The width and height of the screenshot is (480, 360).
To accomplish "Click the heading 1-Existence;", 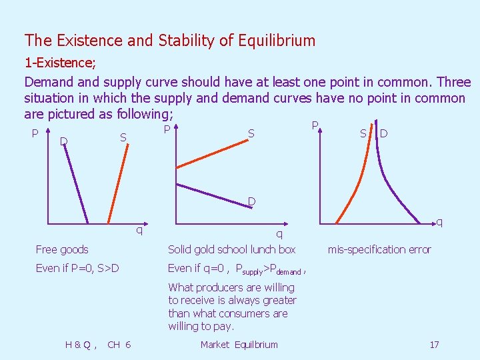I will pyautogui.click(x=60, y=64).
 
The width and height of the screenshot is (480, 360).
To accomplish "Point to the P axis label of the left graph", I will pyautogui.click(x=35, y=133).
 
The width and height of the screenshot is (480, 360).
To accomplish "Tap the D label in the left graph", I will pyautogui.click(x=63, y=140).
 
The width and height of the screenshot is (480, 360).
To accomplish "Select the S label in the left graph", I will pyautogui.click(x=123, y=137).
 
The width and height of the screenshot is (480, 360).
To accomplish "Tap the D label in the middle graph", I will pyautogui.click(x=251, y=201).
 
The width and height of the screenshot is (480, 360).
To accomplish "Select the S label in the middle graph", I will pyautogui.click(x=251, y=134).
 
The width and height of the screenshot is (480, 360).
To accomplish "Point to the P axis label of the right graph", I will pyautogui.click(x=315, y=126).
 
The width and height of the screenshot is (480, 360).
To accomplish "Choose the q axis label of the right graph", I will pyautogui.click(x=439, y=221).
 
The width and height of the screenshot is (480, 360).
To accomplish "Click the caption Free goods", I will pyautogui.click(x=62, y=249).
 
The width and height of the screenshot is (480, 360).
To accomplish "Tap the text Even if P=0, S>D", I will pyautogui.click(x=77, y=269).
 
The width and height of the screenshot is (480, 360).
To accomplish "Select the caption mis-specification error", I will pyautogui.click(x=379, y=249).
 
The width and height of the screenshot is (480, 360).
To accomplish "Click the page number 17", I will pyautogui.click(x=434, y=345).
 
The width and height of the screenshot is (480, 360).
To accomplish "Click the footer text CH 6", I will pyautogui.click(x=119, y=345).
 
